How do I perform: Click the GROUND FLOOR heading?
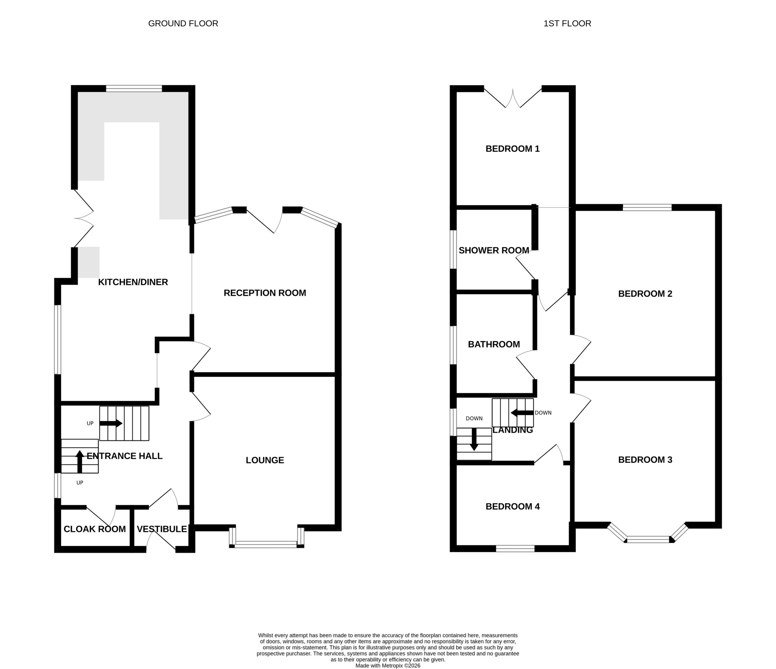pos(183,24)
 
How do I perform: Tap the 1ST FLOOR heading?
pos(567,24)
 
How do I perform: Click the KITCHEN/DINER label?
pos(133,282)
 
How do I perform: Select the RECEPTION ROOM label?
pos(265,293)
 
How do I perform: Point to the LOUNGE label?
pos(265,460)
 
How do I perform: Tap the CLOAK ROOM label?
pos(95,529)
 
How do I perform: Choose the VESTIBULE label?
pos(162,529)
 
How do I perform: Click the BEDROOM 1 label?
pos(513,149)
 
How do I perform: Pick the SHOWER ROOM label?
pos(494,251)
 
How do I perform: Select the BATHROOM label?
pos(494,344)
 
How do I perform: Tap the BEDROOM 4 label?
pos(513,506)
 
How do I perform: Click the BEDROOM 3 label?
pos(645,460)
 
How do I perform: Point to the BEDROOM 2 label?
pos(645,294)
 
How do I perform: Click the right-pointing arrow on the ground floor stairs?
pos(111,423)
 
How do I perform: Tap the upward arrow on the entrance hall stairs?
pos(80,462)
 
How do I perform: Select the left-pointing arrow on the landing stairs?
pos(522,413)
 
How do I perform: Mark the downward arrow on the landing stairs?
pos(474,440)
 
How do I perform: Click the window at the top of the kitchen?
pos(134,89)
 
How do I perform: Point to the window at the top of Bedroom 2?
pos(647,208)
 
